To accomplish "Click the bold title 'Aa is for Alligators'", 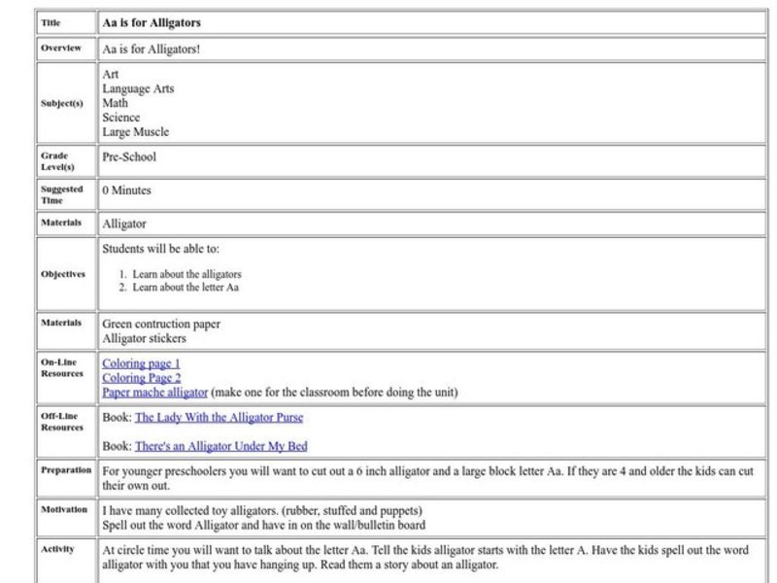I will [152, 22].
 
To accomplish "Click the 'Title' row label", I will [51, 22].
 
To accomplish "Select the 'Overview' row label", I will [60, 48].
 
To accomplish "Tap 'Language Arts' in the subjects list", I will [138, 88].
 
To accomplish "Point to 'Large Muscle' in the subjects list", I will [135, 132].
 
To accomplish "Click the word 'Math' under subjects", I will [115, 103].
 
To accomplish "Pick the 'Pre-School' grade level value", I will [128, 156].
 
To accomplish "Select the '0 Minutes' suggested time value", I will [126, 190].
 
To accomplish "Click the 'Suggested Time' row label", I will [61, 194].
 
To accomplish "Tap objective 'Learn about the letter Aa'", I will [186, 288].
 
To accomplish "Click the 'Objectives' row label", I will [62, 274].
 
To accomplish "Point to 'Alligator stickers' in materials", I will [144, 339].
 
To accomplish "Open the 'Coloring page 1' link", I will [141, 363].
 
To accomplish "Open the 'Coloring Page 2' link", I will [141, 378].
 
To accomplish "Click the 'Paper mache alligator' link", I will [154, 393].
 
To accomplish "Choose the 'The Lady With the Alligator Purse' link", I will [219, 418].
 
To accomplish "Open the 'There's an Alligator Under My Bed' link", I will [220, 446].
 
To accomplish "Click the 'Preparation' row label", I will [66, 470].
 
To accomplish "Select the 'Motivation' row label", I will [64, 508].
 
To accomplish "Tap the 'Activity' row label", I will [57, 549].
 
